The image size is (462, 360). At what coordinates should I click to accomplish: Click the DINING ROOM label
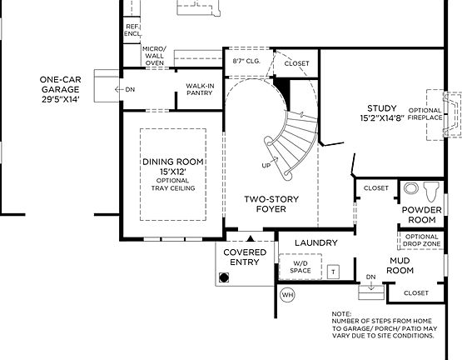(172, 166)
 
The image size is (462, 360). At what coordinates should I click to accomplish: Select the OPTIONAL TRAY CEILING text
(172, 184)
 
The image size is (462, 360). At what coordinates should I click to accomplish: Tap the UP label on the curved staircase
(266, 165)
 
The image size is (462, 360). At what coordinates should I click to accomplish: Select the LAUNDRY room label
(316, 242)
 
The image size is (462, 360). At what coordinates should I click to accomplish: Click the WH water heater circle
(287, 294)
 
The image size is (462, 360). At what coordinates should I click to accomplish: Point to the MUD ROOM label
(400, 265)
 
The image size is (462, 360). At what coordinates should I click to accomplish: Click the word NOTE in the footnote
(340, 314)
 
